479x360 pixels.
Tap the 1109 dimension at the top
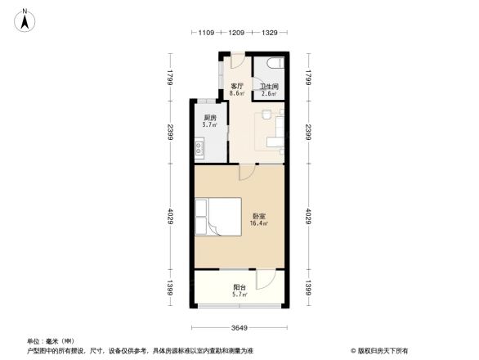206,33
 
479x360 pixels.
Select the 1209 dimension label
237,33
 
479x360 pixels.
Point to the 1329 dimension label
269,33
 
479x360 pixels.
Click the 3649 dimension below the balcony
239,328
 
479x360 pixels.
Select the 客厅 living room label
237,86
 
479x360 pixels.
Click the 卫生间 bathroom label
269,87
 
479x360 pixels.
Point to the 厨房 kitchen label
209,118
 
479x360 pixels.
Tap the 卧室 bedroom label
258,215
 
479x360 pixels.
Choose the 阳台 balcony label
239,287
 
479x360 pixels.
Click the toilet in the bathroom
275,64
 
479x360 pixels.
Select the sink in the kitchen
199,149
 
